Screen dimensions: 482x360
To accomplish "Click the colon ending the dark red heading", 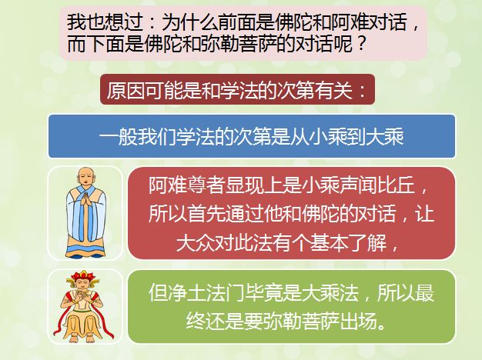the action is tap(363, 91).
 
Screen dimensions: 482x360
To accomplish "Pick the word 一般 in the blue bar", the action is tap(119, 136).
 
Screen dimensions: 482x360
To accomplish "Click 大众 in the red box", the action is tap(196, 243).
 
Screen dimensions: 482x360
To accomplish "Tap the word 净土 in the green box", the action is tap(186, 292).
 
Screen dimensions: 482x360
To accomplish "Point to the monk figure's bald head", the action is tap(85, 176).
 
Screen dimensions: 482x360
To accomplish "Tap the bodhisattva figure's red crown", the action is tap(82, 276).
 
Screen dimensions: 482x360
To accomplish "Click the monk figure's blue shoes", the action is tap(85, 255).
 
